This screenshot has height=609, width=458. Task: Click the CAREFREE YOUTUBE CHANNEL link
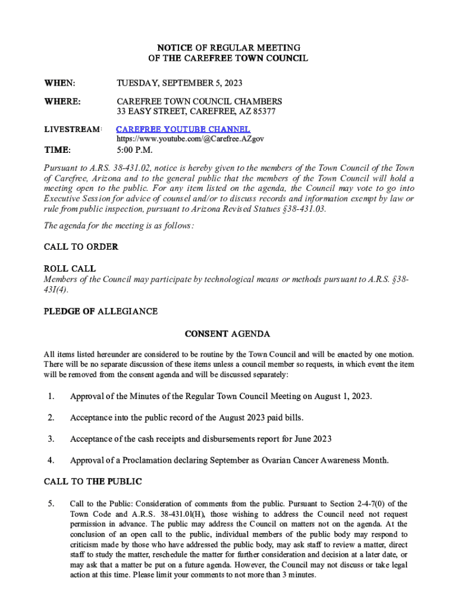(x=183, y=129)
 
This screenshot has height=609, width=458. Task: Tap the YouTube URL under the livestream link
(x=190, y=139)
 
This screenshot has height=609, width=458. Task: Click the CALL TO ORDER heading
(x=81, y=247)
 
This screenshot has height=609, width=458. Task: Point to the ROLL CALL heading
(x=70, y=269)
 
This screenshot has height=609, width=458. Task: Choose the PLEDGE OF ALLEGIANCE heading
(x=101, y=311)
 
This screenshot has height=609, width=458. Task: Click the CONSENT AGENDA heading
(x=228, y=334)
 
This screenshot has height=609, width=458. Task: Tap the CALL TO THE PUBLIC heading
(x=93, y=481)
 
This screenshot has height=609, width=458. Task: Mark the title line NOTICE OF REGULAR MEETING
(x=228, y=47)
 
